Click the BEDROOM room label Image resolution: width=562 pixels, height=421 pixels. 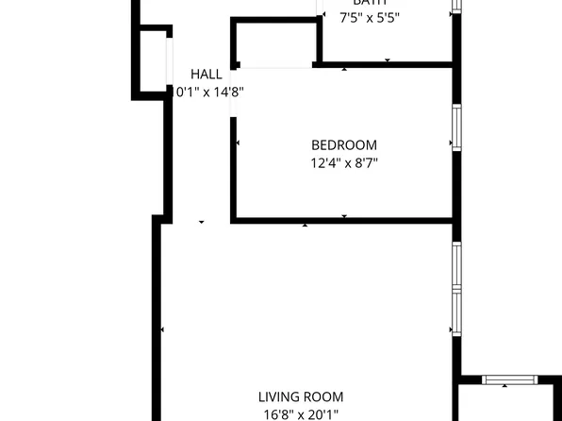coord(344,145)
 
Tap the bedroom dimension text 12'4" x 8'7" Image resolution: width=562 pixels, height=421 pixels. coord(344,162)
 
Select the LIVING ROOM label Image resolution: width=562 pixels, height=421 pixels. coord(302,397)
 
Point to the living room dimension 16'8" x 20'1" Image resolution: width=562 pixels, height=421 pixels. coord(302,413)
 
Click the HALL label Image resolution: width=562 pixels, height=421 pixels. coord(207,74)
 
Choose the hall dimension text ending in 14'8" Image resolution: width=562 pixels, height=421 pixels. coord(212,92)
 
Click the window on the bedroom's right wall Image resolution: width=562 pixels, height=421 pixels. coord(456,126)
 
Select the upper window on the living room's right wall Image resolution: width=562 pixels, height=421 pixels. coord(456,266)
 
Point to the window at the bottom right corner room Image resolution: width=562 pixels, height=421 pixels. coord(508,379)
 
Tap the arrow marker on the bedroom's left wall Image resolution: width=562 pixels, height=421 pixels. coord(237,143)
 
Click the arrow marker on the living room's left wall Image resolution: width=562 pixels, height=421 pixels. coord(163,329)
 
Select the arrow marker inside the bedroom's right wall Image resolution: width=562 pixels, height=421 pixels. coord(451,144)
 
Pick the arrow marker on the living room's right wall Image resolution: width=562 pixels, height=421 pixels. coord(450,329)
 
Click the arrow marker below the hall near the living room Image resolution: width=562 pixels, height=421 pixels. coord(201,223)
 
